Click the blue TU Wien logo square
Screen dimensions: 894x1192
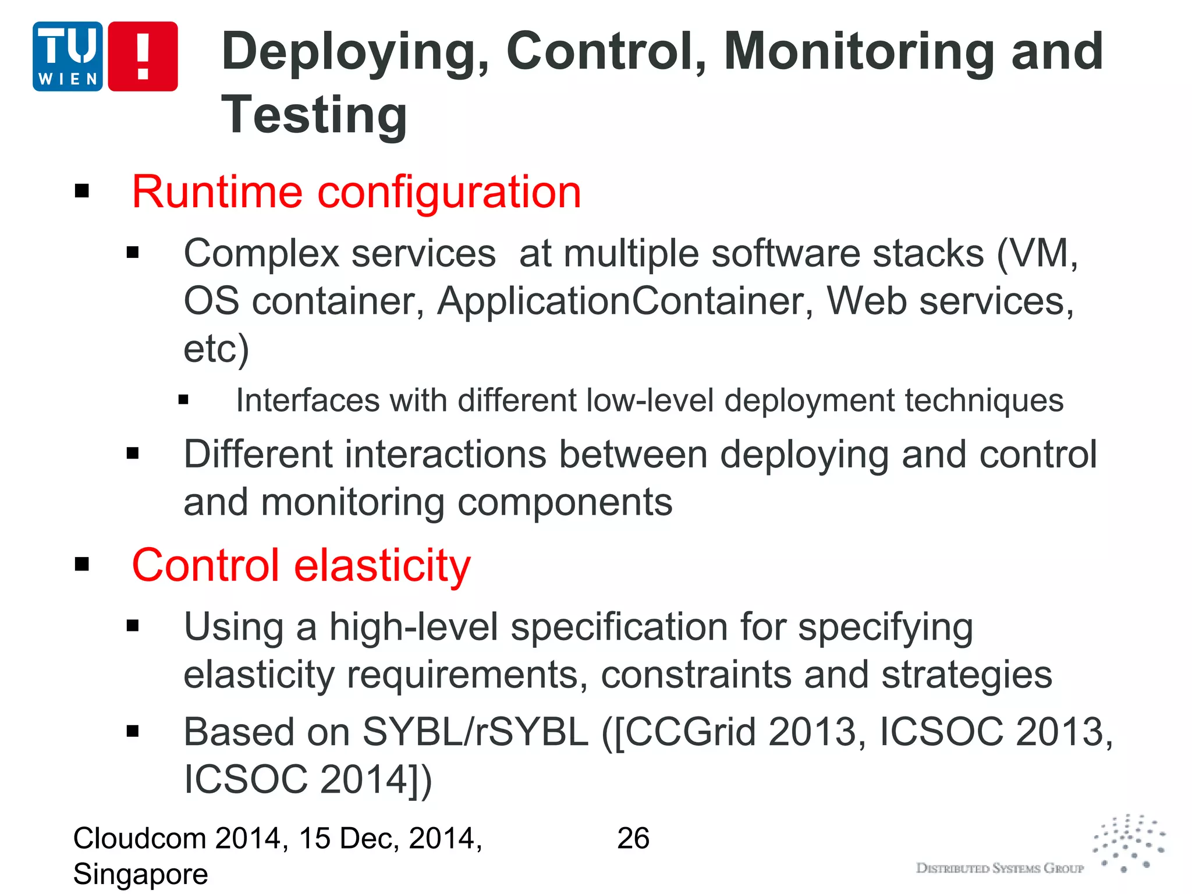pos(68,56)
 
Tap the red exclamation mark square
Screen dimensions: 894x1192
pos(143,56)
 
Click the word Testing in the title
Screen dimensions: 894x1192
pos(314,115)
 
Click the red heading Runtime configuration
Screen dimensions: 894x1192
pos(356,191)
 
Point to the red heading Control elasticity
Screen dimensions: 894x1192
pos(301,565)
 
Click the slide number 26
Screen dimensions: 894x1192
pos(633,838)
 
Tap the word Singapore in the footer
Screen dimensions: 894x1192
pos(140,874)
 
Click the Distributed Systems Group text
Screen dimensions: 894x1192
pos(999,868)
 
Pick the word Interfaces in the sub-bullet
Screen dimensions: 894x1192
pos(307,401)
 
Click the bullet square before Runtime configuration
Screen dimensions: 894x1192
pos(82,191)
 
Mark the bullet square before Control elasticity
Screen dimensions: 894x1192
pos(82,564)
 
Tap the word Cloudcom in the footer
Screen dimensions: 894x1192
pos(140,838)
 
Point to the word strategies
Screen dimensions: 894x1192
pos(966,675)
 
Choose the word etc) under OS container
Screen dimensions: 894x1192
pos(216,349)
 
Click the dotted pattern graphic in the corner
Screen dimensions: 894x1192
pos(1129,842)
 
